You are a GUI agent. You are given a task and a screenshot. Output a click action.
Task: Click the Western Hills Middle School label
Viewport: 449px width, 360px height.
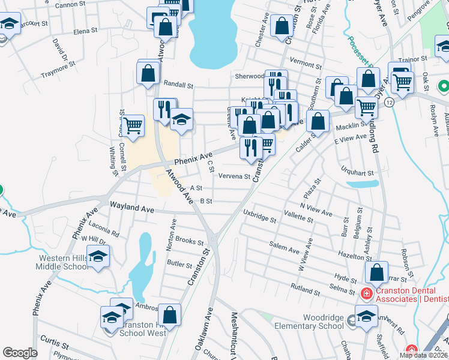[x=64, y=262]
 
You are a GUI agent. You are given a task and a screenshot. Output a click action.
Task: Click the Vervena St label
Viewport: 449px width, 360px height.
[x=234, y=176]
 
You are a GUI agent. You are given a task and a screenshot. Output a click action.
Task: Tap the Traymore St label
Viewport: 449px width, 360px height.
[x=58, y=71]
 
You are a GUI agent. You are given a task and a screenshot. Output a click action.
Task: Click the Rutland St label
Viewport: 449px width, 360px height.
[x=304, y=287]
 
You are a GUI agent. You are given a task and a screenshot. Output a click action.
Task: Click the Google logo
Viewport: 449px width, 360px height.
[x=20, y=353]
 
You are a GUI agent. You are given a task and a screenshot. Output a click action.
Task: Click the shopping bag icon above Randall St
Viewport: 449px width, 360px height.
[x=148, y=73]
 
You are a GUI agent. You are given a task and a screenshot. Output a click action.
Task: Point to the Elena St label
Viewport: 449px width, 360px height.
[x=85, y=31]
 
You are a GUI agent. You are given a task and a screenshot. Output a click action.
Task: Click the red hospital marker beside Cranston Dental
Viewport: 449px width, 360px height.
[x=365, y=293]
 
